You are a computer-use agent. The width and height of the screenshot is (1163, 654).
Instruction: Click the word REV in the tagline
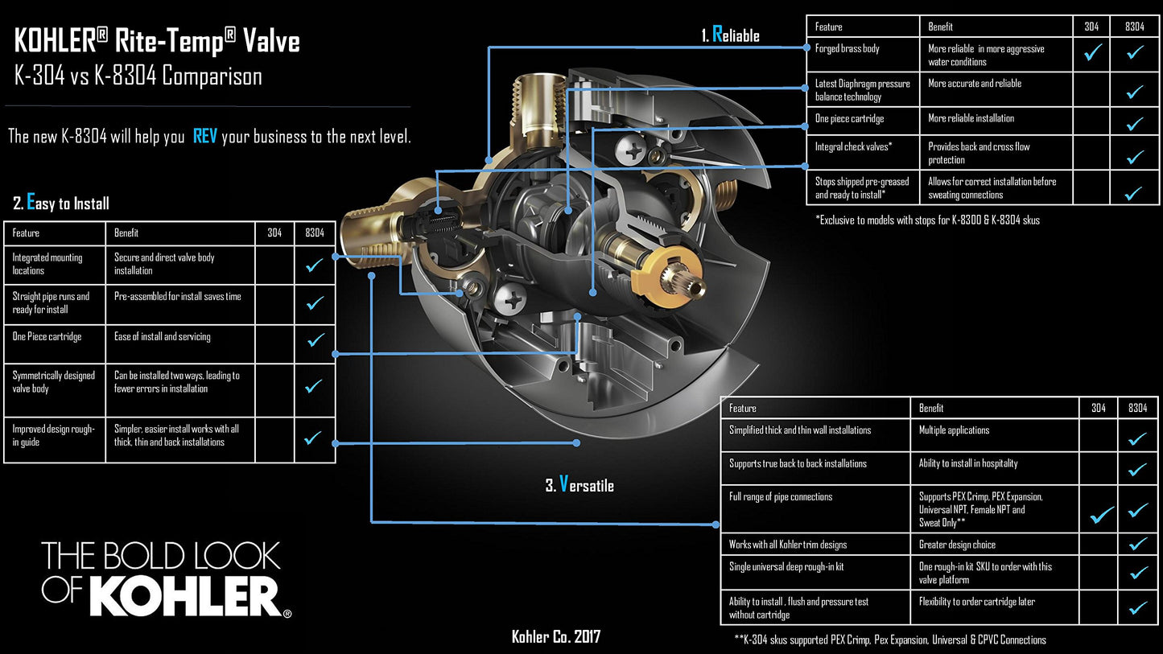[204, 136]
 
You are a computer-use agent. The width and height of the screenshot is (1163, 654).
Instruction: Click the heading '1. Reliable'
[730, 35]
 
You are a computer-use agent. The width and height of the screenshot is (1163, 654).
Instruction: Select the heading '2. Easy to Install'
[61, 203]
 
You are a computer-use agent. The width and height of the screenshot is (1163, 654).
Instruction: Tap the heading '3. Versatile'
[579, 485]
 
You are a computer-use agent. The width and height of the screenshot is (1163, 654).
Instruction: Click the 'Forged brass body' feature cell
[848, 49]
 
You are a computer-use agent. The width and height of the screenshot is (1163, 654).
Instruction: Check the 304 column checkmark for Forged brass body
[1092, 54]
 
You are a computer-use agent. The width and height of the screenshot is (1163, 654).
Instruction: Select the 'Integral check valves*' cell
[854, 147]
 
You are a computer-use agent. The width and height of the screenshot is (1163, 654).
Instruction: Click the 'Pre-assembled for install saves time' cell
[178, 297]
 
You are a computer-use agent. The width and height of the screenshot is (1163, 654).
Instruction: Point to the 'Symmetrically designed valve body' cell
[54, 382]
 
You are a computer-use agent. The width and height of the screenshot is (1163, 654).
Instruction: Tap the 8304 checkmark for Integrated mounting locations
[315, 265]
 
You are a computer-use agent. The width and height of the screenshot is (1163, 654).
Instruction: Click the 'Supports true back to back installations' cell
[798, 463]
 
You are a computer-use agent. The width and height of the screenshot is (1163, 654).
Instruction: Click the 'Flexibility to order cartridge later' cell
[977, 602]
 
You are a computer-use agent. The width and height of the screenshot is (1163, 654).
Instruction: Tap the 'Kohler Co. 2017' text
[555, 637]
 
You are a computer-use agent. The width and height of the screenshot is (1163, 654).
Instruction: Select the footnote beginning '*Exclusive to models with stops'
[927, 220]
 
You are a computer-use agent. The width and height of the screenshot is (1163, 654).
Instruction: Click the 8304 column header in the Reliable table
[1134, 27]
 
